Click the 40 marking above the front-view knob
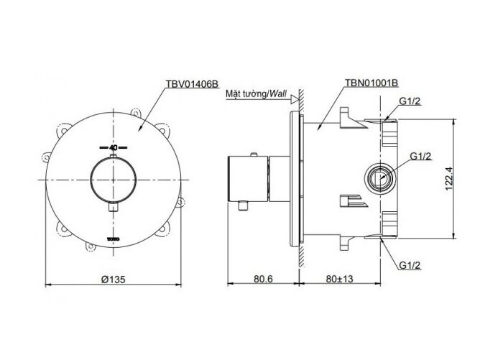click(x=113, y=147)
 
